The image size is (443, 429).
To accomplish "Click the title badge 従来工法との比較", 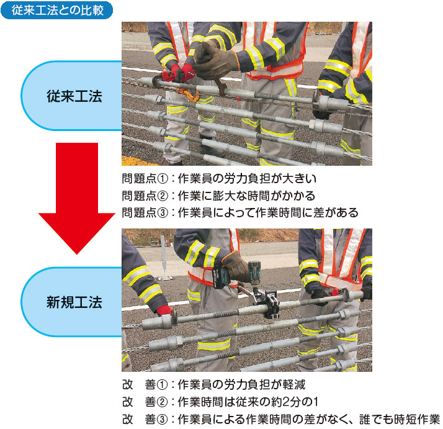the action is [57, 10].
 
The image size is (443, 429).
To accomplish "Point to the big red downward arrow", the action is [77, 198].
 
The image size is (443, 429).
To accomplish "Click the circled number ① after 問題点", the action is [163, 179].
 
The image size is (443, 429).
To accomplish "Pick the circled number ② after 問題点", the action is [163, 196].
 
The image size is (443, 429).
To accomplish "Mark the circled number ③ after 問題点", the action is [163, 213].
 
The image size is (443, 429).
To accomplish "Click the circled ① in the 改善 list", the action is [162, 384].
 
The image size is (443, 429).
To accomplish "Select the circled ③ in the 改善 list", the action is [162, 419].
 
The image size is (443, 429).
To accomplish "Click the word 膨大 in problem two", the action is [224, 196].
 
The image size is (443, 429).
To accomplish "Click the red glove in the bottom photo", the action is [164, 310].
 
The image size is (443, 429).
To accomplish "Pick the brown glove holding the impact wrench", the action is [236, 267].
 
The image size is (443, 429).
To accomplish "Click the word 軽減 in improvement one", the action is [294, 384].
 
